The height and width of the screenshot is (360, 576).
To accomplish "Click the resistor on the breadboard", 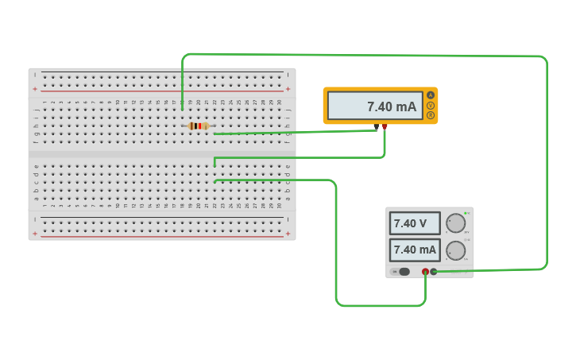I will point(199,126).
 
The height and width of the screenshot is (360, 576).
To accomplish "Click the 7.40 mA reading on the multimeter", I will point(391,106).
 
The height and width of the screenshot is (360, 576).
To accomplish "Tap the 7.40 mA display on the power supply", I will point(414,250).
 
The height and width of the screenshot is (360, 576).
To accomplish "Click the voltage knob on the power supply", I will point(455,223).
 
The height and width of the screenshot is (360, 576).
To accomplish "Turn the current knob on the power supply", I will point(455,250).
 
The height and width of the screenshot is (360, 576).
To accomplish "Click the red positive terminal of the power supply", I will point(425,272).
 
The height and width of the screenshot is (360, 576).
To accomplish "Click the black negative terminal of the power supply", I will point(434,272).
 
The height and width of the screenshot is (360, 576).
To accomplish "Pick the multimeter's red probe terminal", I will point(385,126).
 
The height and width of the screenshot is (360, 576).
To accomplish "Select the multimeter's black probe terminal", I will point(377,126).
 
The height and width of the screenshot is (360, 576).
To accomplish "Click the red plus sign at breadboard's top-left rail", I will point(35,89).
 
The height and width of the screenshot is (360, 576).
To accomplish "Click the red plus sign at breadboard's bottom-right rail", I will point(288,234).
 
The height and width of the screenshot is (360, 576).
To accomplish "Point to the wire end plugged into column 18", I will point(182,108).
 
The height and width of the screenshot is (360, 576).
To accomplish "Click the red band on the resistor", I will point(199,126).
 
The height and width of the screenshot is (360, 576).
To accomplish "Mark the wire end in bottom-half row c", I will point(215,181).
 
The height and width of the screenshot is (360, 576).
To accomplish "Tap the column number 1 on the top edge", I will point(44,102).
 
